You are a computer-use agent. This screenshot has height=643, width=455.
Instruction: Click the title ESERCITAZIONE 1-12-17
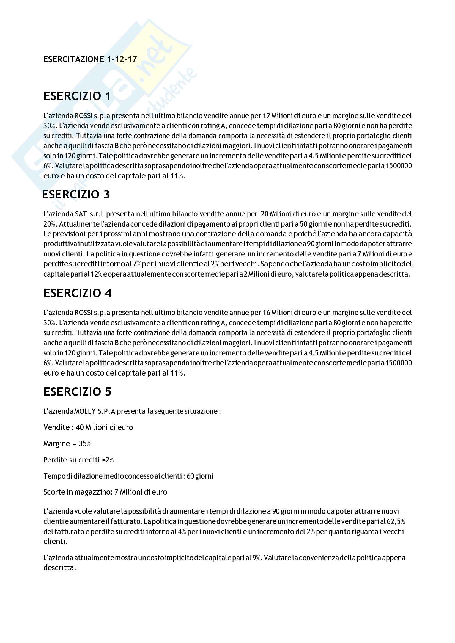click(90, 59)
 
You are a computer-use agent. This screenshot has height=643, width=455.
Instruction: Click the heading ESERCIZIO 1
click(77, 96)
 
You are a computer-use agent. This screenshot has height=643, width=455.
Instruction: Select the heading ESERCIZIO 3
click(76, 194)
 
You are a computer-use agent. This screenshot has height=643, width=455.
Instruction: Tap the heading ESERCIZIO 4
click(77, 293)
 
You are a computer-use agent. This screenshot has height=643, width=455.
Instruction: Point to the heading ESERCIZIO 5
click(77, 391)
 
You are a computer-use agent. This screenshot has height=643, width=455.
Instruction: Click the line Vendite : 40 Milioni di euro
click(88, 427)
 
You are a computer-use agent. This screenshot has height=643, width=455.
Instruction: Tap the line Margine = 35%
click(67, 444)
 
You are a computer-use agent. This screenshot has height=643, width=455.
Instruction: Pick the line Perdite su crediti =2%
click(78, 460)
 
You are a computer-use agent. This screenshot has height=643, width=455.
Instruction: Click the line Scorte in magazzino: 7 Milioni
click(105, 492)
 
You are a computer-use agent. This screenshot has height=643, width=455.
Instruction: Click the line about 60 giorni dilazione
click(128, 476)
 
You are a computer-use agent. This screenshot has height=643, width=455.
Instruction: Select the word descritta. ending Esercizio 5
click(60, 568)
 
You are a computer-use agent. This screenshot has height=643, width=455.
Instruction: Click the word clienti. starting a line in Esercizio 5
click(55, 541)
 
